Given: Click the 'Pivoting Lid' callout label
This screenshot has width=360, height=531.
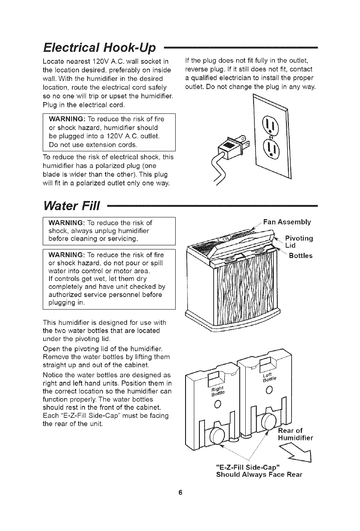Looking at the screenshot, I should [x=299, y=242].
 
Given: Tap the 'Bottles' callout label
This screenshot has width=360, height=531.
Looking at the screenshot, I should [x=301, y=256].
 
